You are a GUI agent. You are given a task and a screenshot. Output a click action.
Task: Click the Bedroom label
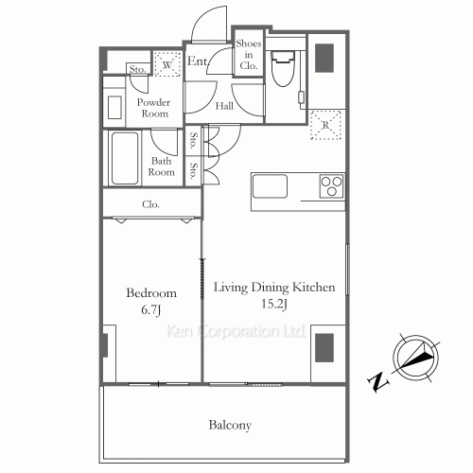pyautogui.click(x=151, y=293)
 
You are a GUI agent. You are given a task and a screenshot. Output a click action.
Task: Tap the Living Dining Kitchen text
pyautogui.click(x=274, y=288)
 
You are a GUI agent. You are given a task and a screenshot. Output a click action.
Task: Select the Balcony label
pyautogui.click(x=230, y=426)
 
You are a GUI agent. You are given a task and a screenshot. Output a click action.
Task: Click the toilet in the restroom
pyautogui.click(x=283, y=69)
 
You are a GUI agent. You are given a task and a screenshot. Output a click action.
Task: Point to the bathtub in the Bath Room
pyautogui.click(x=125, y=158)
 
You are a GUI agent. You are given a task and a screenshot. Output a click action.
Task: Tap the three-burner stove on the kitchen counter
pyautogui.click(x=331, y=186)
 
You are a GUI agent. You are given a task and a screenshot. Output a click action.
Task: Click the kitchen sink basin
pyautogui.click(x=270, y=186)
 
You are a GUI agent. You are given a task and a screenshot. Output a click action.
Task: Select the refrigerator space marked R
pyautogui.click(x=325, y=125)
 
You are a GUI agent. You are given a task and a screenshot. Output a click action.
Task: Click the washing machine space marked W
pyautogui.click(x=167, y=64)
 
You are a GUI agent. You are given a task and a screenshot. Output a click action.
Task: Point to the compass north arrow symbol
pyautogui.click(x=417, y=359)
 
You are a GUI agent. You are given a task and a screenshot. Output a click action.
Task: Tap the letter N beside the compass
pyautogui.click(x=377, y=382)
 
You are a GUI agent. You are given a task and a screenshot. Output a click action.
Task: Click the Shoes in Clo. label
pyautogui.click(x=249, y=55)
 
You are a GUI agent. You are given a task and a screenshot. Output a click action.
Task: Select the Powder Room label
pyautogui.click(x=154, y=108)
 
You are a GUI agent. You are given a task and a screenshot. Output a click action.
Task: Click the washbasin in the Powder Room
pyautogui.click(x=114, y=108)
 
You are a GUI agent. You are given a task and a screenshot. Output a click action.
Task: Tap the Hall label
pyautogui.click(x=224, y=106)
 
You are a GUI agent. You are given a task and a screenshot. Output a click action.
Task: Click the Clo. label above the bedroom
pyautogui.click(x=150, y=204)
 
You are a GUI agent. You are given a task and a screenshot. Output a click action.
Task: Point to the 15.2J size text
pyautogui.click(x=274, y=305)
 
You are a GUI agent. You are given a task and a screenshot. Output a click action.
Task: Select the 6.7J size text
pyautogui.click(x=151, y=310)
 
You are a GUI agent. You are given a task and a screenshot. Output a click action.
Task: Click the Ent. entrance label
pyautogui.click(x=198, y=61)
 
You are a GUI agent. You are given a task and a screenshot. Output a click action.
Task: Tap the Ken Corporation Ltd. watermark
pyautogui.click(x=236, y=331)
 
